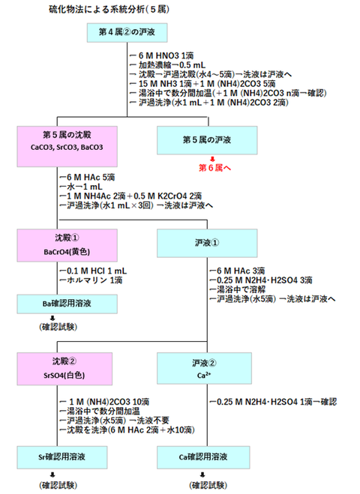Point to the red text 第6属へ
214,169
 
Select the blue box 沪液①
203,244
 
